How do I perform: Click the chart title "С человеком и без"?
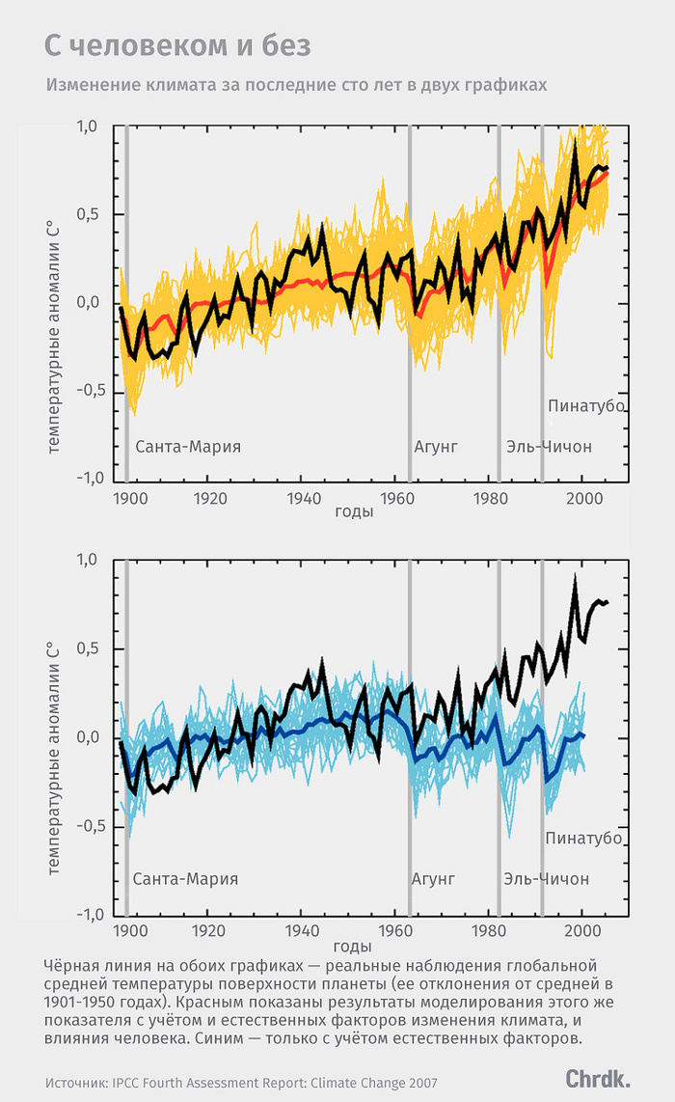177,45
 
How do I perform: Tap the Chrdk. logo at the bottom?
598,1078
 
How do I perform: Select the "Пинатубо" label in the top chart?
587,405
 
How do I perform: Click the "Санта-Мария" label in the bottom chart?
185,879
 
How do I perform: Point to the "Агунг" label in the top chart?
435,447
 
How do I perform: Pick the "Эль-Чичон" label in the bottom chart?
546,879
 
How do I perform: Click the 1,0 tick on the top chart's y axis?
88,127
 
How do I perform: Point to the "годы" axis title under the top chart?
354,511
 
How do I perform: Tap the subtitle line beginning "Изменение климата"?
296,85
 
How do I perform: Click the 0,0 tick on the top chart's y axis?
88,303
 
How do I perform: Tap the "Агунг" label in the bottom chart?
433,879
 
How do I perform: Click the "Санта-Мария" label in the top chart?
188,447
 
